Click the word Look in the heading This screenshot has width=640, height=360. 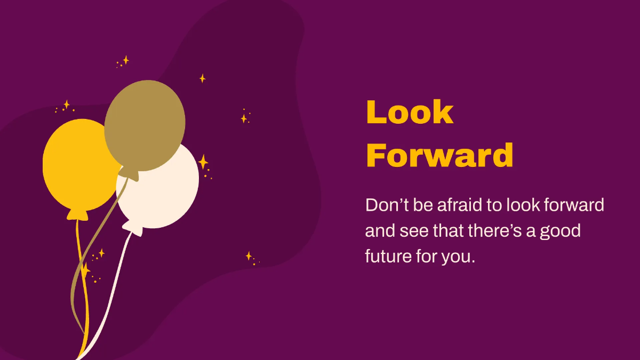coord(410,113)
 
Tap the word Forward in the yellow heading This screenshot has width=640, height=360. coord(439,155)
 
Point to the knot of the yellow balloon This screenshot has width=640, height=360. coord(78,214)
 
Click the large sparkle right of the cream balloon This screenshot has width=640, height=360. coord(203,162)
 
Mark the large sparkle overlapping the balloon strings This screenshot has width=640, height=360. coord(84,270)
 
